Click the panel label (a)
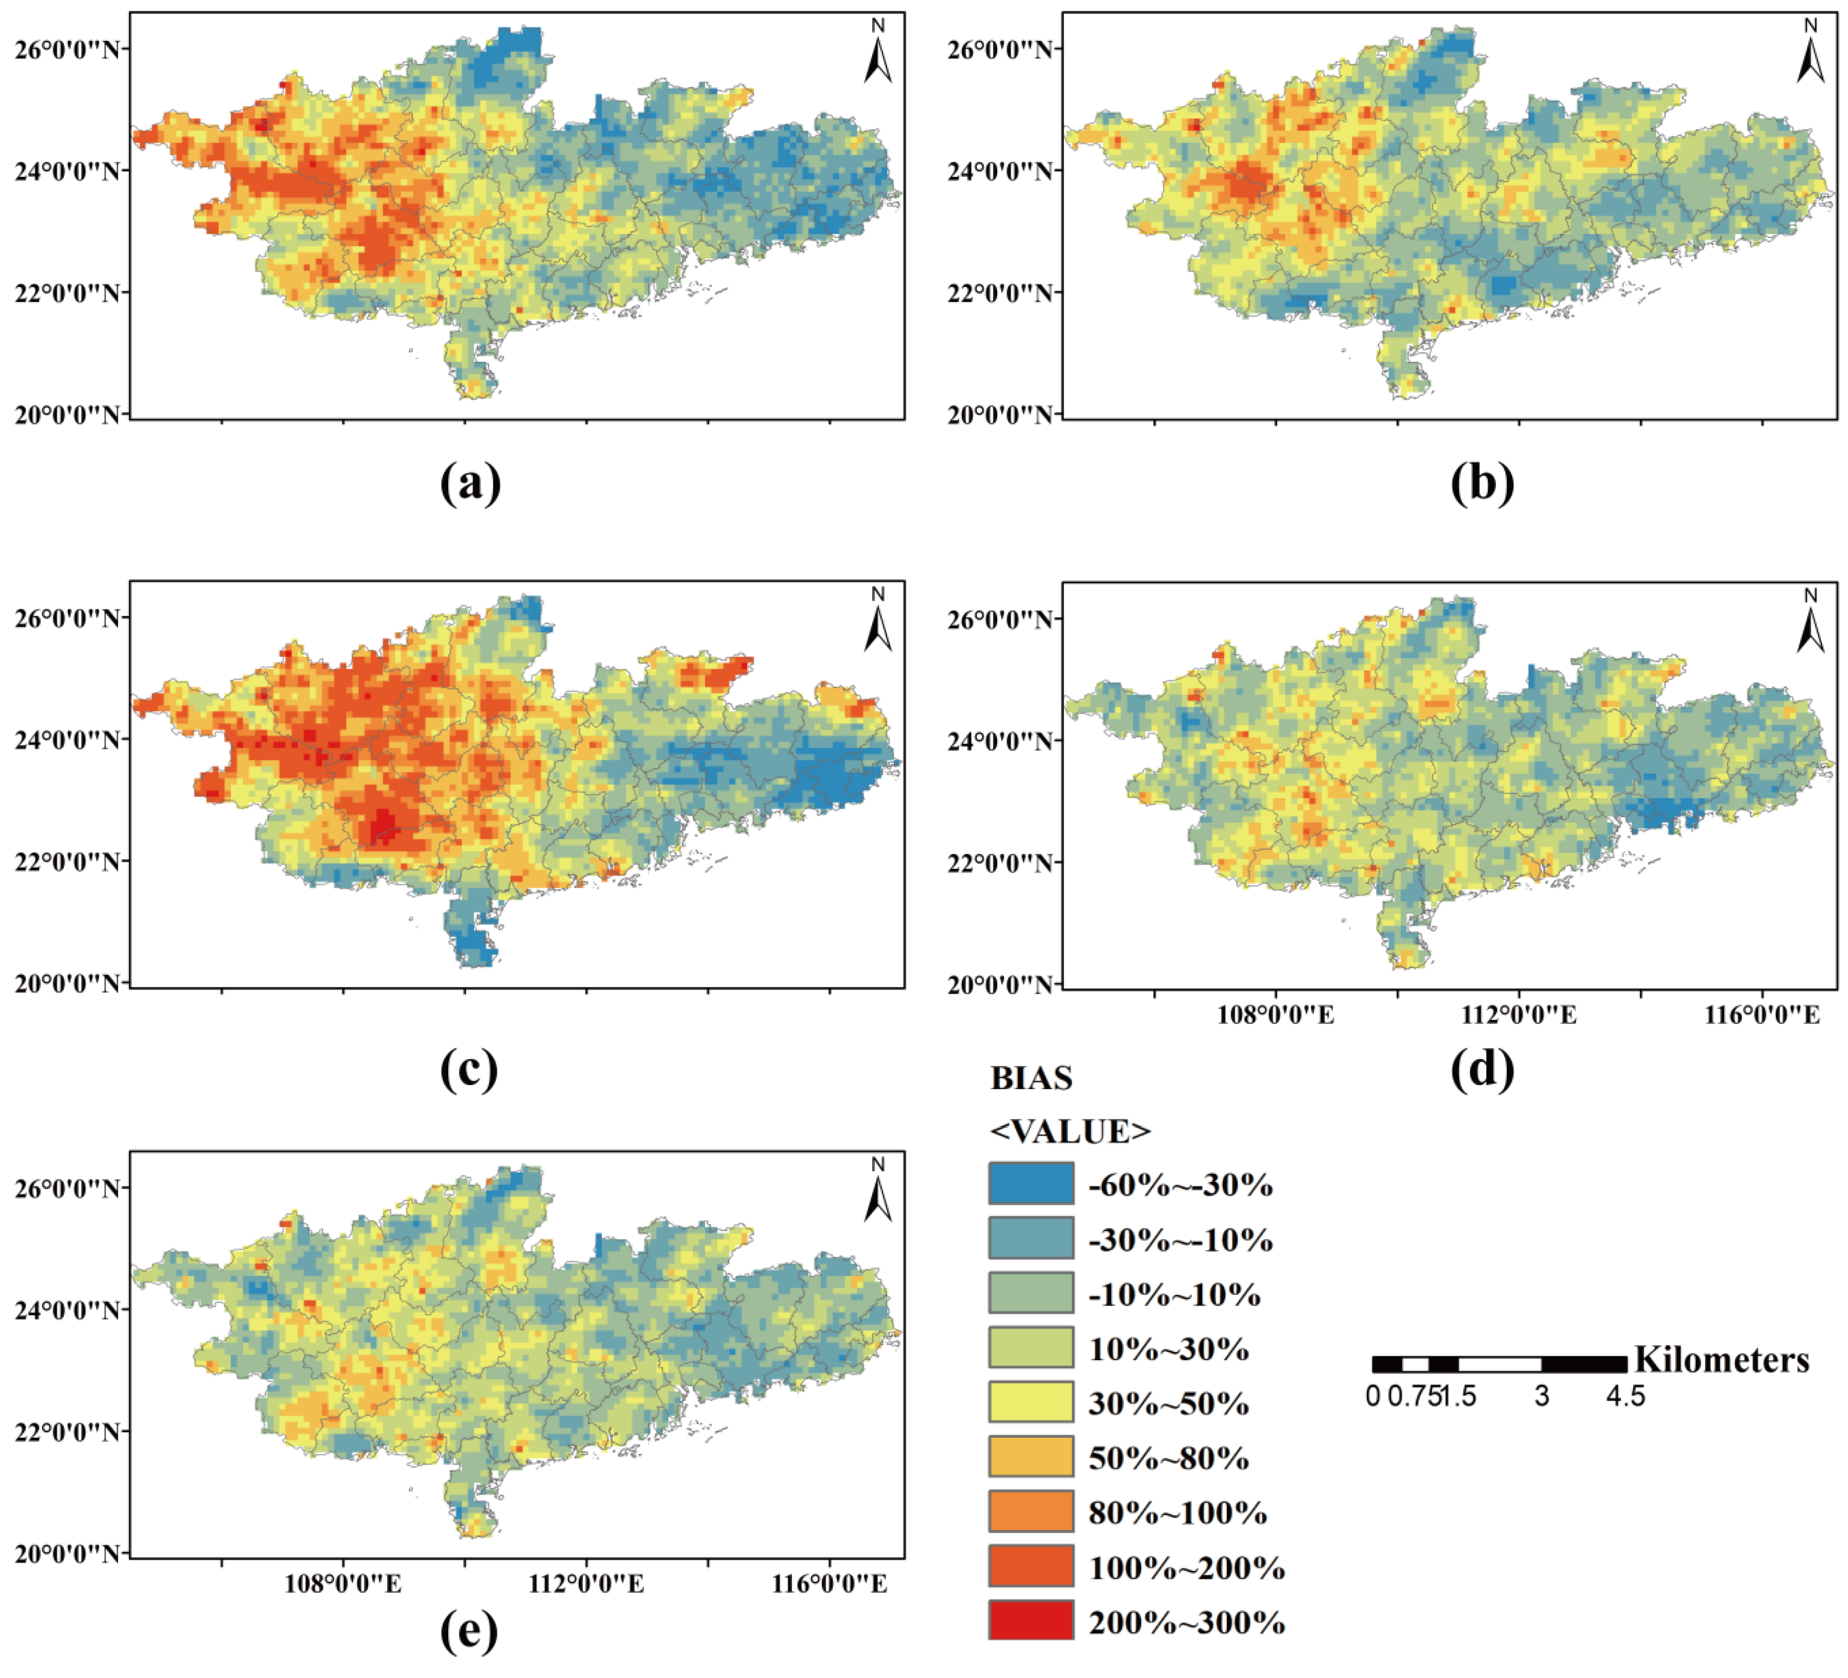(x=470, y=483)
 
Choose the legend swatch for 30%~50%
(x=1030, y=1402)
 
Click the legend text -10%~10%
(x=1174, y=1294)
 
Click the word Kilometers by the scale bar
(x=1720, y=1360)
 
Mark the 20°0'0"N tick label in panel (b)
(x=999, y=415)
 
